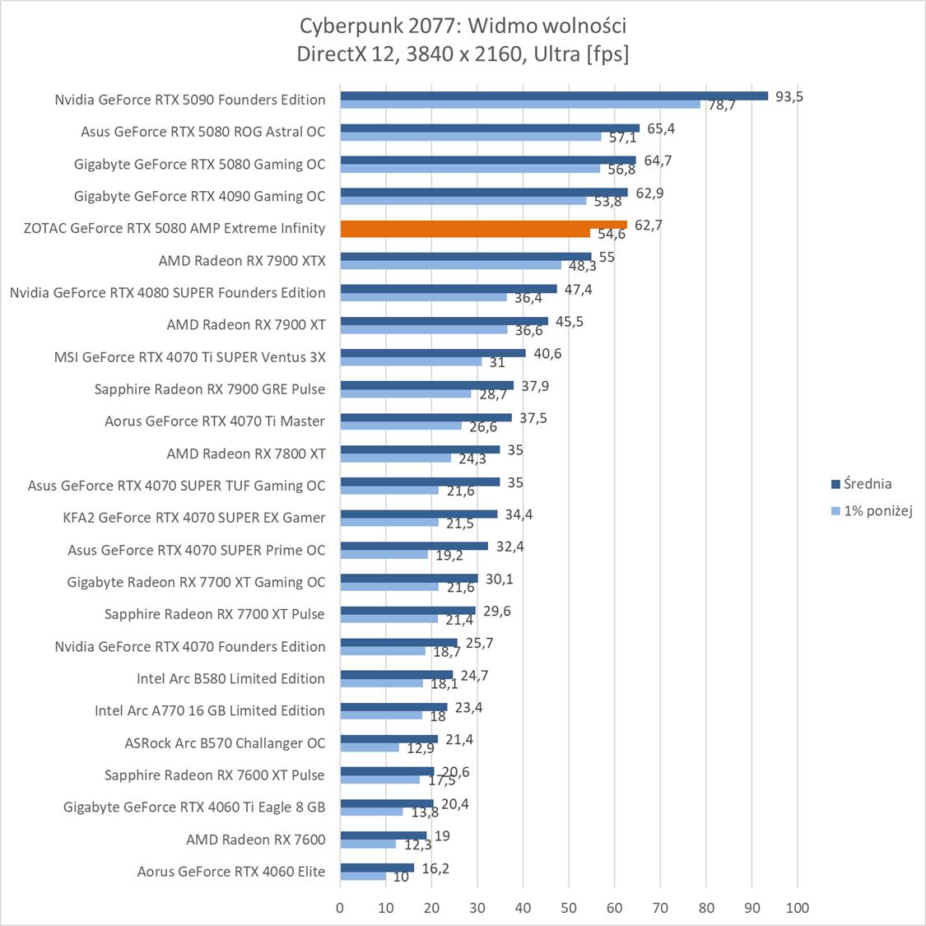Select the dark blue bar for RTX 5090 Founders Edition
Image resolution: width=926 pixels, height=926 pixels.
(x=553, y=95)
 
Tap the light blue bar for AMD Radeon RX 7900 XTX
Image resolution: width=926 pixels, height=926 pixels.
(x=450, y=265)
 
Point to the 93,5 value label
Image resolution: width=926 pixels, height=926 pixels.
(x=789, y=96)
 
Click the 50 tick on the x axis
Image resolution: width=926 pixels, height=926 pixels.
(x=568, y=908)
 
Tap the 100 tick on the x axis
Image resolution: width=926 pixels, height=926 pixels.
(x=797, y=908)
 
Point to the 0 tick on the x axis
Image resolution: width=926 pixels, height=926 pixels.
(x=340, y=908)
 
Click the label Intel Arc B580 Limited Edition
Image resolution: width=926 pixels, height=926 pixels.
(x=230, y=678)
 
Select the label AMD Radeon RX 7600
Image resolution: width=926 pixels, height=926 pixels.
(x=255, y=840)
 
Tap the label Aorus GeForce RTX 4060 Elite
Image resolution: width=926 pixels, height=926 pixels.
(x=230, y=872)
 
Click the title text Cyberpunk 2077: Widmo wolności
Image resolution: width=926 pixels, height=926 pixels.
(x=463, y=26)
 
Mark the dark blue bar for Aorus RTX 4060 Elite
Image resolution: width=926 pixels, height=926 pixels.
(x=377, y=868)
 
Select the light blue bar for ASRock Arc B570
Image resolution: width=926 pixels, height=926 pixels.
(x=369, y=747)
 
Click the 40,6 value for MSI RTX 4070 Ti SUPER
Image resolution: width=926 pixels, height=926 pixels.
(x=547, y=354)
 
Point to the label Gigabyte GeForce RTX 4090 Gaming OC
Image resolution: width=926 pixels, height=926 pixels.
(x=199, y=196)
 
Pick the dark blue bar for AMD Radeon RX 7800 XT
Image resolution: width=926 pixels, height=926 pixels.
(x=420, y=449)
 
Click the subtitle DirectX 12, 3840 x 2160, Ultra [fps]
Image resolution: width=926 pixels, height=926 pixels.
(x=463, y=54)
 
